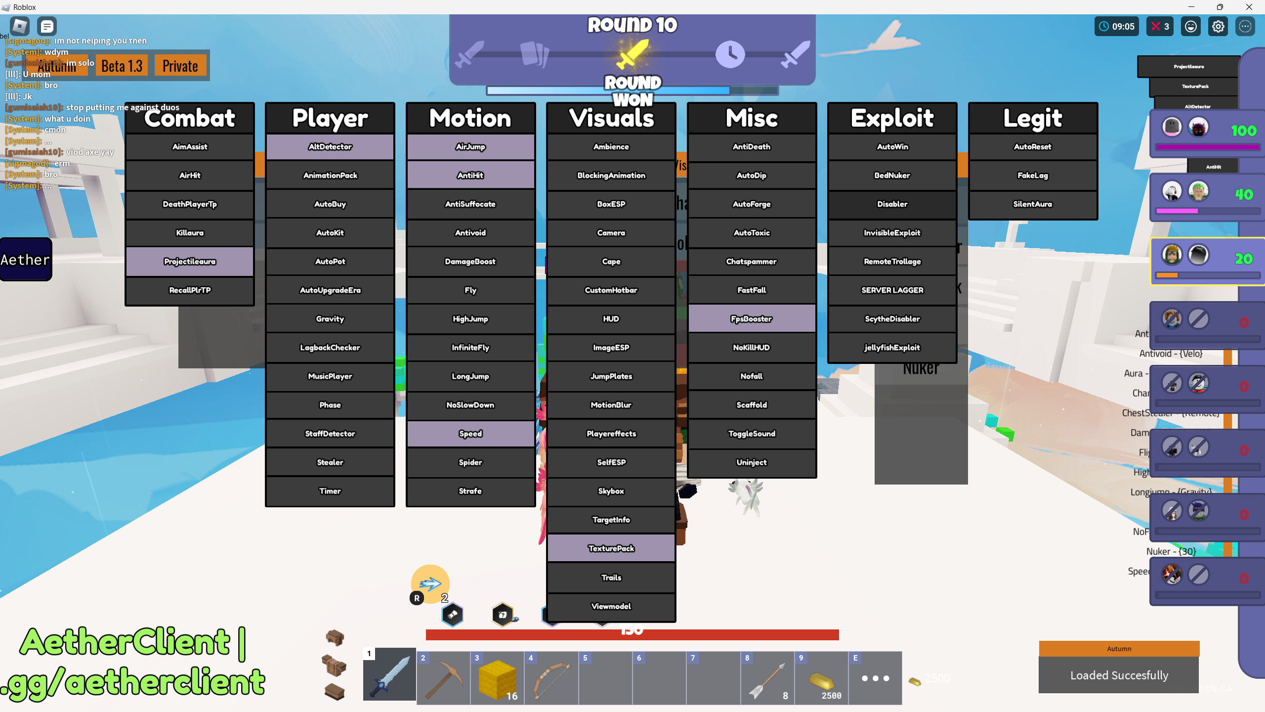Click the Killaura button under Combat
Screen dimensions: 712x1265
click(x=190, y=233)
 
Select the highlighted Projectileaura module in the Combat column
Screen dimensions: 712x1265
click(x=190, y=262)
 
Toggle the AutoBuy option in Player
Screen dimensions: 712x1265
click(x=330, y=204)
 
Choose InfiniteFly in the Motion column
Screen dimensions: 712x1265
click(x=470, y=348)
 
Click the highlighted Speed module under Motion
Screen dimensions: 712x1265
click(x=470, y=434)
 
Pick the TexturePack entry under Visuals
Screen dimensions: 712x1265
click(x=611, y=548)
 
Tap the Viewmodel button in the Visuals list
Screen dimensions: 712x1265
click(x=611, y=606)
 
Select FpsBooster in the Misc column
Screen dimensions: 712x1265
click(x=752, y=319)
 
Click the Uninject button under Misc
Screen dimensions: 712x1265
click(x=752, y=462)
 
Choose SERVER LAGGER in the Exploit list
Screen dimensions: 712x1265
click(x=892, y=290)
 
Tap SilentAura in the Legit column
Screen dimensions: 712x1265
click(x=1033, y=204)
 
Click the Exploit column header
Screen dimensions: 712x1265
click(x=892, y=118)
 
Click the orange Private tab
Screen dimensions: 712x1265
click(x=180, y=66)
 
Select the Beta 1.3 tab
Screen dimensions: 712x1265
click(x=122, y=66)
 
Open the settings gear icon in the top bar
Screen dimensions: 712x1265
click(x=1218, y=27)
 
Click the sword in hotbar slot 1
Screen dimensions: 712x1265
click(x=389, y=675)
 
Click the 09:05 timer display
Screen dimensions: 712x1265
click(x=1117, y=27)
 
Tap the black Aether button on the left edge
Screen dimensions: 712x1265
click(x=26, y=260)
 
